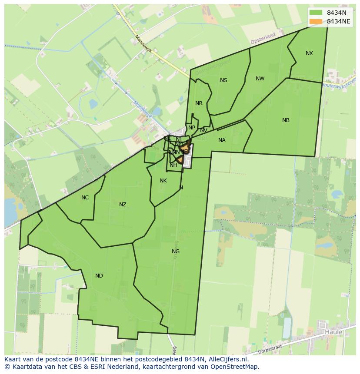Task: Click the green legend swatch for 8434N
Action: [x=316, y=13]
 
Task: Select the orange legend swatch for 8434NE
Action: [x=316, y=21]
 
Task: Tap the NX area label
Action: [x=309, y=53]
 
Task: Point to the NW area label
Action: [x=260, y=79]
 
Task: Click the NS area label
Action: [x=223, y=80]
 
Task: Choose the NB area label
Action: [x=286, y=120]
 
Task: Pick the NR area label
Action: [x=199, y=103]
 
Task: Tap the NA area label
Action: [x=222, y=140]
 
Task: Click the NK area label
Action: [x=163, y=181]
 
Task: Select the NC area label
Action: [x=85, y=198]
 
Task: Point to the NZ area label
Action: [x=123, y=205]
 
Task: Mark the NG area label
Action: [x=176, y=252]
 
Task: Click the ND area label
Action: [x=99, y=276]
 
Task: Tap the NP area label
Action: [x=191, y=128]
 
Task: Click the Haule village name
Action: [x=333, y=332]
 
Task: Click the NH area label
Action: [x=173, y=165]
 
